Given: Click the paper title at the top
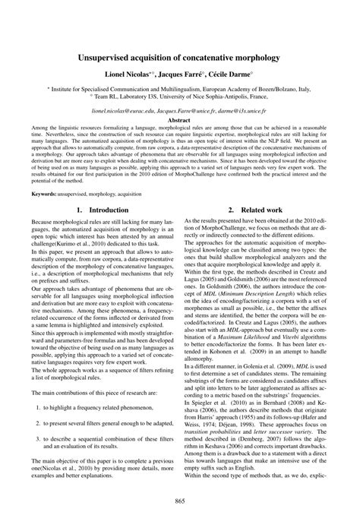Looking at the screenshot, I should pyautogui.click(x=179, y=57).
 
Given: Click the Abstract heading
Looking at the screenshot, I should pyautogui.click(x=179, y=120).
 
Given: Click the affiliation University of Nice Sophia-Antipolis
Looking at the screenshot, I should pyautogui.click(x=204, y=96).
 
